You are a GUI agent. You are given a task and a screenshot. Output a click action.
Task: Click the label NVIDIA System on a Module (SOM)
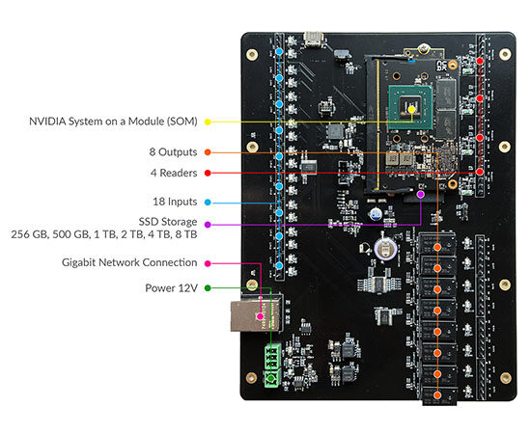pyautogui.click(x=113, y=122)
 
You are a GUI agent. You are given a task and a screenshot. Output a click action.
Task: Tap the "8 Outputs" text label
pyautogui.click(x=173, y=151)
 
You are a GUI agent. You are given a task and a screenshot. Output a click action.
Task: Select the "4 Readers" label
pyautogui.click(x=174, y=173)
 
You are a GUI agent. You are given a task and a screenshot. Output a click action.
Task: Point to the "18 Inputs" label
pyautogui.click(x=175, y=202)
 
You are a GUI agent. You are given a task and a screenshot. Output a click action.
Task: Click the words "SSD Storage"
pyautogui.click(x=168, y=222)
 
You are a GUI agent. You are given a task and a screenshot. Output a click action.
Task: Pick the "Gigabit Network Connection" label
pyautogui.click(x=129, y=262)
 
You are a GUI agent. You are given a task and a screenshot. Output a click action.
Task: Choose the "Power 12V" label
pyautogui.click(x=171, y=287)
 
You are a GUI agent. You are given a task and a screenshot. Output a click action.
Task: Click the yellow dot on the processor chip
pyautogui.click(x=411, y=110)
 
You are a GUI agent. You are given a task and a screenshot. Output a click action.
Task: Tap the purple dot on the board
pyautogui.click(x=421, y=194)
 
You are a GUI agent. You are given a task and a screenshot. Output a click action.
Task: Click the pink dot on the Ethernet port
pyautogui.click(x=260, y=316)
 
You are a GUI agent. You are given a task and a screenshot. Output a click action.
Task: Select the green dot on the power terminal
pyautogui.click(x=271, y=377)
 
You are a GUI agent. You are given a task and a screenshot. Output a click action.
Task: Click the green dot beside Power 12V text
pyautogui.click(x=208, y=287)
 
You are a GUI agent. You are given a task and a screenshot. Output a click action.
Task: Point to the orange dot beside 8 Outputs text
pyautogui.click(x=208, y=152)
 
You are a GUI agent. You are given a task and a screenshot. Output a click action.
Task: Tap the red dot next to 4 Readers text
pyautogui.click(x=208, y=173)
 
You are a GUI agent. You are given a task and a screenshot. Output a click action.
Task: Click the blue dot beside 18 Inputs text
pyautogui.click(x=208, y=203)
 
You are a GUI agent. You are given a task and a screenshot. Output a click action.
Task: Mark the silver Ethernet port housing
pyautogui.click(x=256, y=315)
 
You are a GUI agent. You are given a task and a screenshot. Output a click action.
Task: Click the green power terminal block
pyautogui.click(x=272, y=366)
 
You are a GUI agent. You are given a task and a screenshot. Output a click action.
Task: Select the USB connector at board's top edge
pyautogui.click(x=314, y=39)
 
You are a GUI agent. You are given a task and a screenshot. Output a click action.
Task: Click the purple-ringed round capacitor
pyautogui.click(x=385, y=250)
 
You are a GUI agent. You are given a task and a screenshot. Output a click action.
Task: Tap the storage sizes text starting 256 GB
pyautogui.click(x=104, y=234)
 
